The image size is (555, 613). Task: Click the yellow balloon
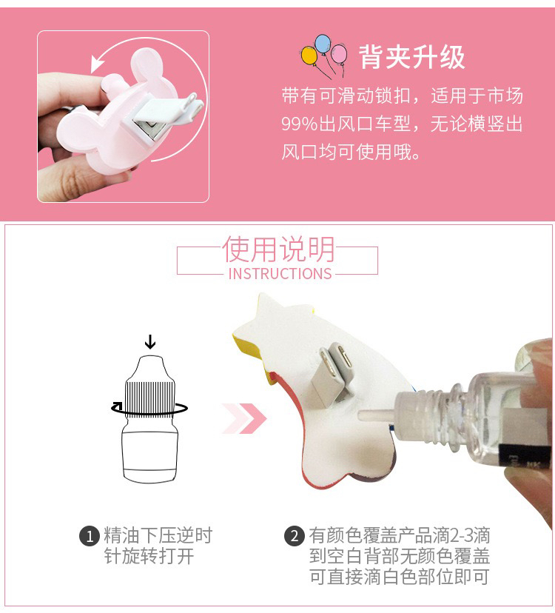(309, 56)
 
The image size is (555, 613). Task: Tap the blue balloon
(323, 44)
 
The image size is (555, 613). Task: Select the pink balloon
(339, 53)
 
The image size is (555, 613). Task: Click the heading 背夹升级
(412, 57)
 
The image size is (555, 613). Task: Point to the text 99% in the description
(300, 124)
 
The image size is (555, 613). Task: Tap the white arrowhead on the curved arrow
(97, 64)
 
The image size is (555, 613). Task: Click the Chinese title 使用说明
(278, 249)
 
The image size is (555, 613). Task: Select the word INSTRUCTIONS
(280, 274)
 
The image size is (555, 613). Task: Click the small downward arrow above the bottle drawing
(150, 341)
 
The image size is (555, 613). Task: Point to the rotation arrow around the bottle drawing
(149, 409)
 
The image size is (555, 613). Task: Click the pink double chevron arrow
(245, 419)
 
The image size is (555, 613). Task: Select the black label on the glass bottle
(526, 455)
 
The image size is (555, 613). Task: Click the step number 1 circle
(90, 536)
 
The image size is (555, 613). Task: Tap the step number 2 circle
(294, 536)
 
